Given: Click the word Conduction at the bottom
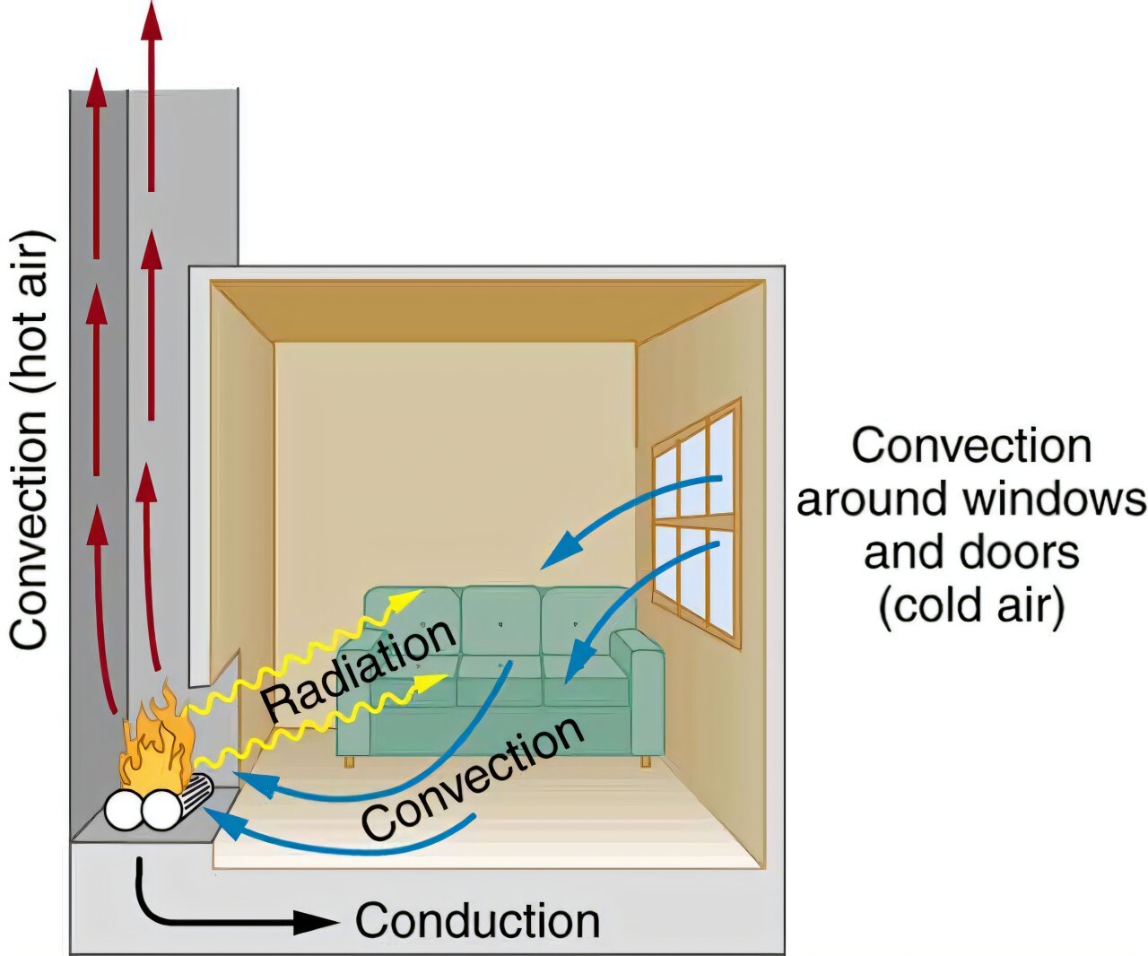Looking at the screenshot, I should click(x=477, y=921).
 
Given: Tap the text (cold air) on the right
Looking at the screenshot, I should click(x=971, y=605).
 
